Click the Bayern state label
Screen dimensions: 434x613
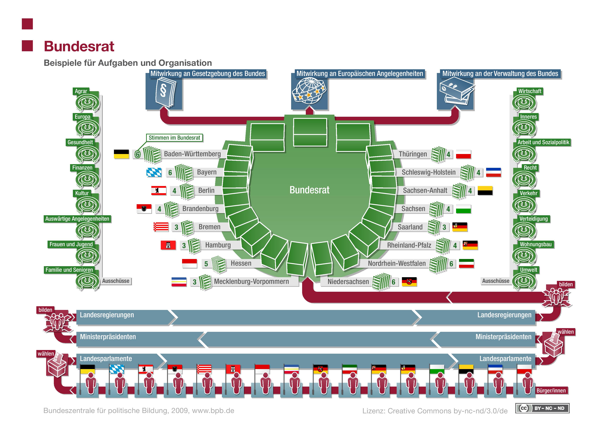point(207,172)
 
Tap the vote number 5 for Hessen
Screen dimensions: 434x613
point(206,264)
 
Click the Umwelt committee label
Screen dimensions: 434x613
point(528,270)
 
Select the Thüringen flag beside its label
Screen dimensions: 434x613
point(463,154)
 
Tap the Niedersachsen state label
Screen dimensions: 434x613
point(348,282)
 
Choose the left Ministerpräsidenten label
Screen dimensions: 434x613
point(108,337)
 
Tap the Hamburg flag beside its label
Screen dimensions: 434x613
point(168,245)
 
